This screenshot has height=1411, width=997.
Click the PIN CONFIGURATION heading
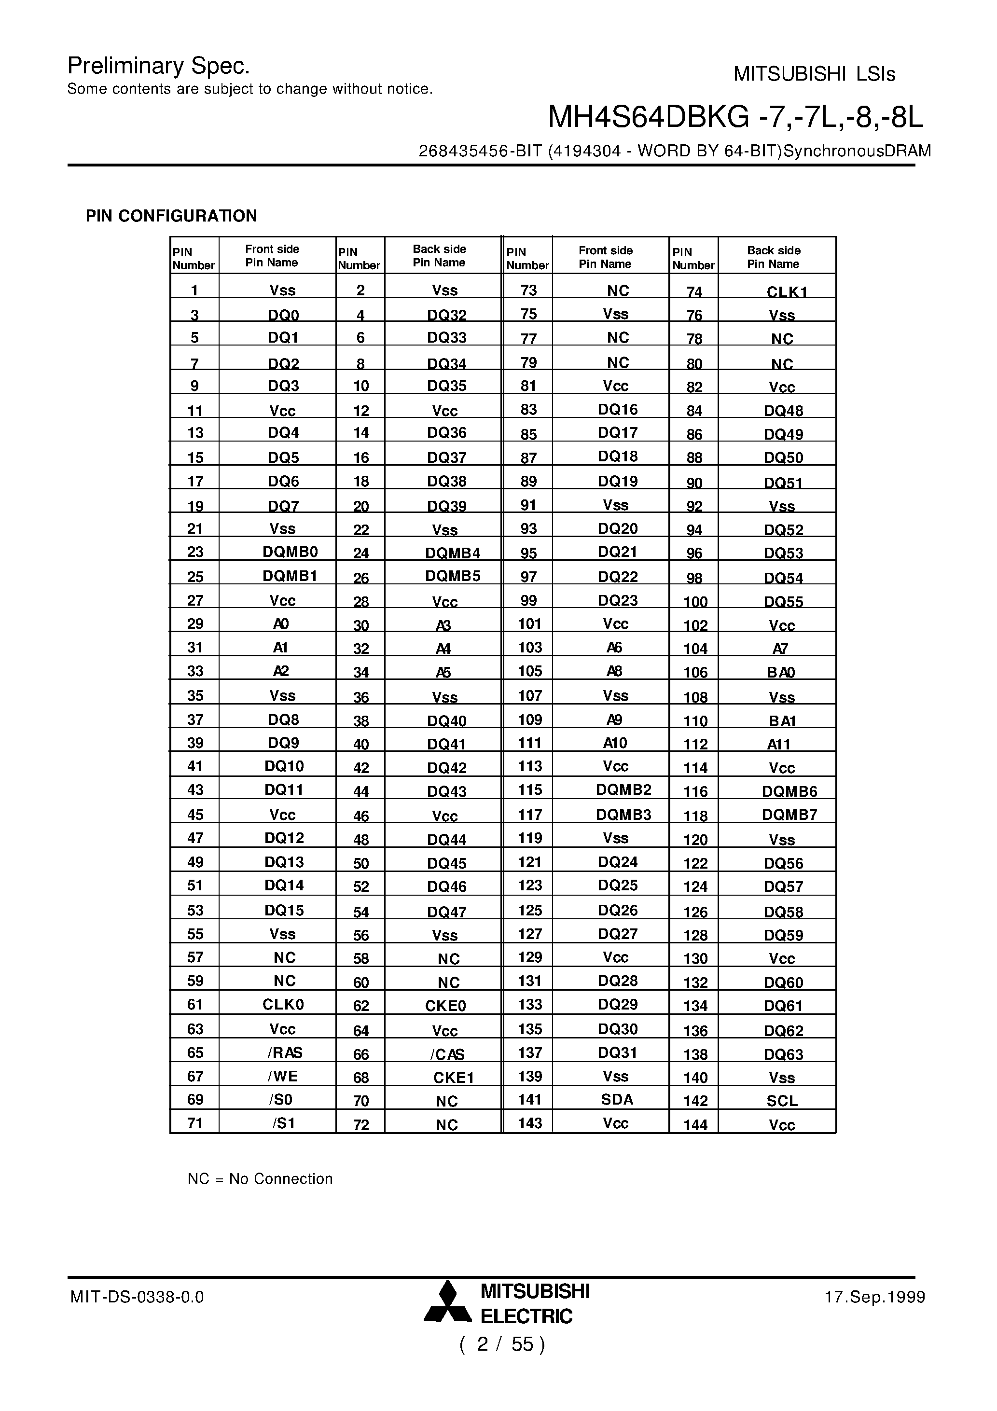[x=171, y=216]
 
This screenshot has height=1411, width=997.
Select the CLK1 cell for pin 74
[x=786, y=292]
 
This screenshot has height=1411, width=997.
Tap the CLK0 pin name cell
[x=283, y=1004]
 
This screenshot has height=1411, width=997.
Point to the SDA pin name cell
[x=617, y=1099]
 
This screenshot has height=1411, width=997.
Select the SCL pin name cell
[x=781, y=1101]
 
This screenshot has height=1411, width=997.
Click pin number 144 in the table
[x=695, y=1125]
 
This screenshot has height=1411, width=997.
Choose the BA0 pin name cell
[x=781, y=672]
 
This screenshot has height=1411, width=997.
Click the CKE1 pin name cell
[x=453, y=1077]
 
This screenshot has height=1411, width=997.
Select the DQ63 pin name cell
[x=783, y=1054]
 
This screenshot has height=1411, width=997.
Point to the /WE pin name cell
[x=283, y=1076]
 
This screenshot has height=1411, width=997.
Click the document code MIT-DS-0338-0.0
[x=137, y=1297]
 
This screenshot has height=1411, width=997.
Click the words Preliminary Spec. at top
[x=159, y=65]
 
